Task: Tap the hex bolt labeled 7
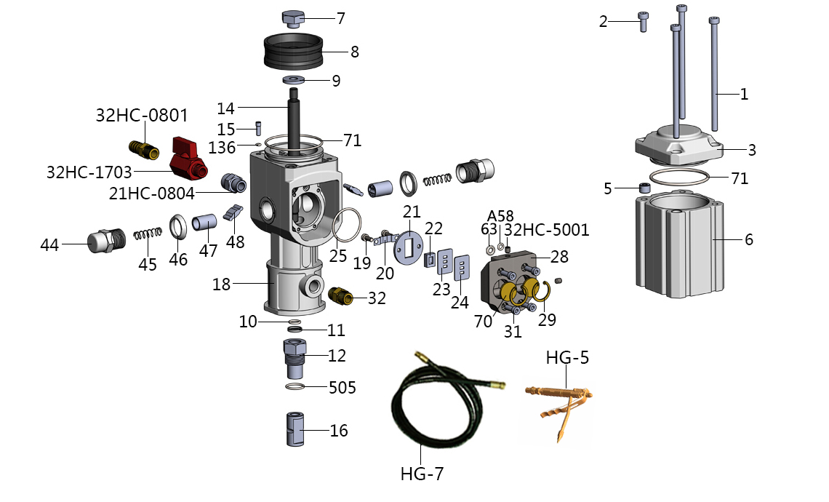tap(292, 18)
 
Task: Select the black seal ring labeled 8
tap(293, 50)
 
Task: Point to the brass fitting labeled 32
tap(339, 296)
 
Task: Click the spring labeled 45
tap(148, 236)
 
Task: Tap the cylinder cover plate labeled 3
tap(679, 146)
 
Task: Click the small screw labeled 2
tap(643, 21)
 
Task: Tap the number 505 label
tap(343, 387)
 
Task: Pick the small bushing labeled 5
tap(644, 188)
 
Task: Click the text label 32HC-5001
tap(547, 231)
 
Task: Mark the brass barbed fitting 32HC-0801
tap(144, 151)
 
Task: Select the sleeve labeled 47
tap(205, 228)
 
